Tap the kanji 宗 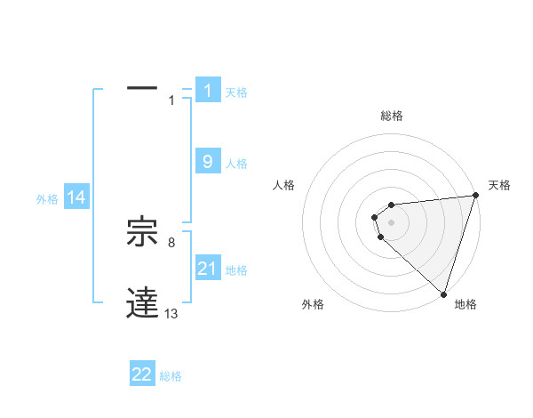(143, 233)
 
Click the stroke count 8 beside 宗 (171, 242)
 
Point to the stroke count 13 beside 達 (171, 313)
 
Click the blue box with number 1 (208, 91)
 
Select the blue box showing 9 (208, 162)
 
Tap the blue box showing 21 (208, 269)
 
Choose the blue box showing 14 (76, 197)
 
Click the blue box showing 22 (142, 374)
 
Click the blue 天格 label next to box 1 (236, 92)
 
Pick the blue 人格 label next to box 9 (236, 164)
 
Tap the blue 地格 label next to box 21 (236, 270)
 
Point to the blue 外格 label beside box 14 (47, 199)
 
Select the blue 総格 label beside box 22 (171, 376)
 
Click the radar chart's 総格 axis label (392, 116)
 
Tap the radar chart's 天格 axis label (499, 185)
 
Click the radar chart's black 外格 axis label (313, 304)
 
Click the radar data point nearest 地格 (443, 294)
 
